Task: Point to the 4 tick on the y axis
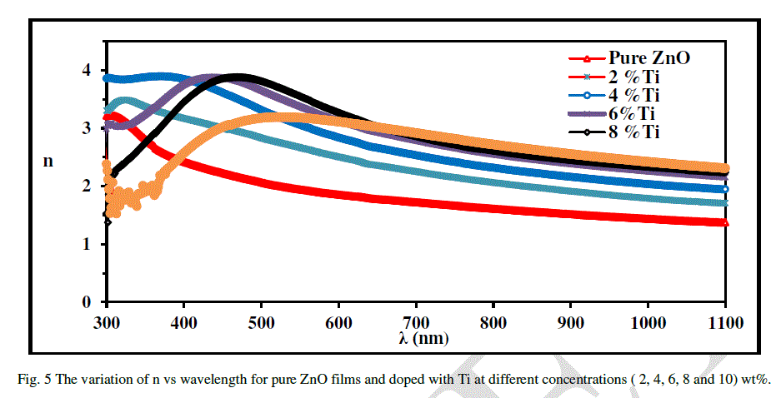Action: pyautogui.click(x=87, y=71)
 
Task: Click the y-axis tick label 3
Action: pyautogui.click(x=87, y=128)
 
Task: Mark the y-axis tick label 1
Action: pyautogui.click(x=87, y=244)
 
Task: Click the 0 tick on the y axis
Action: pyautogui.click(x=87, y=301)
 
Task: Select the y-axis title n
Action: pyautogui.click(x=48, y=162)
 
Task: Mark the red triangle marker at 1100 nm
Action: pyautogui.click(x=725, y=222)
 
